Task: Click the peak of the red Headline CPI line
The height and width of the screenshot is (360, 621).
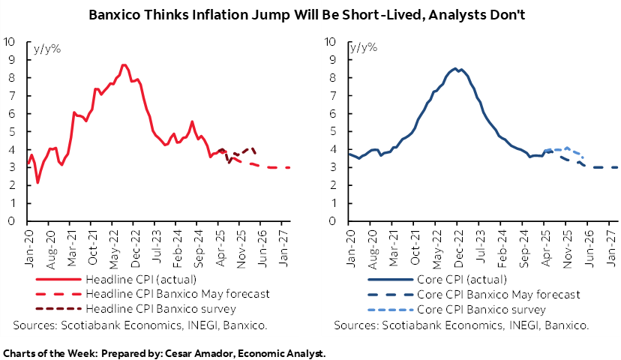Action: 124,65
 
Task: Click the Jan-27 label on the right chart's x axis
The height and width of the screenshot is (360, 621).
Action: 610,241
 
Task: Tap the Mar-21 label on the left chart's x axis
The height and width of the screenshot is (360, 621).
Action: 71,241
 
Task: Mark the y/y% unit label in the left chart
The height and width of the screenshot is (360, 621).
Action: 47,49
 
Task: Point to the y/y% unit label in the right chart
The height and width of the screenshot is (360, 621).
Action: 363,49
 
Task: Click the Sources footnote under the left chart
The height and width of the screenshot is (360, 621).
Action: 140,325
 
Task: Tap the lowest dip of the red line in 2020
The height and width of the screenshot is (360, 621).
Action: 37,183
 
